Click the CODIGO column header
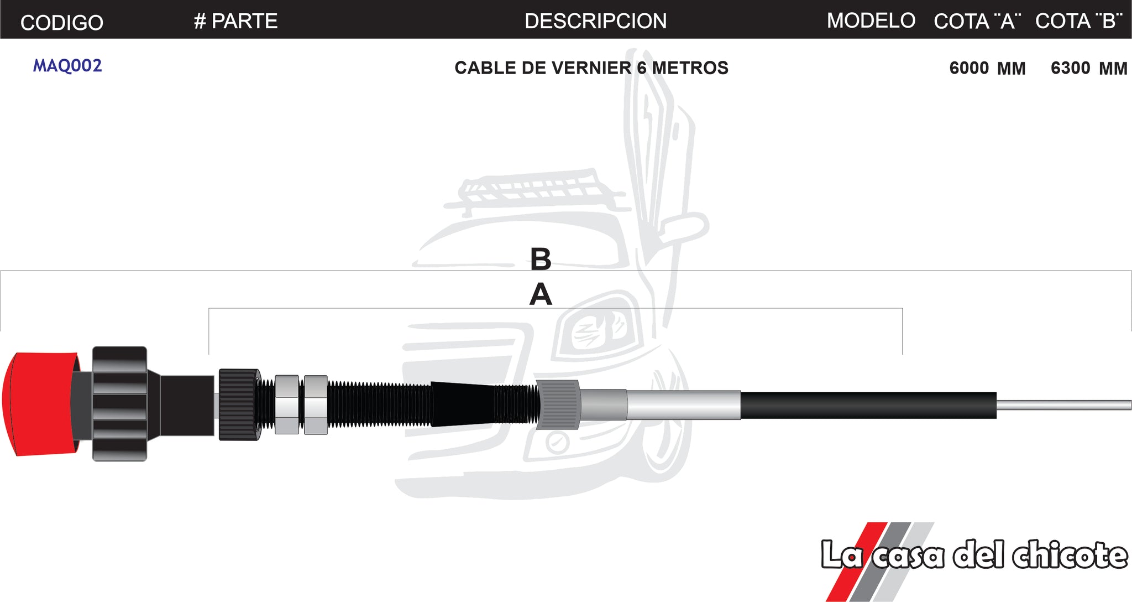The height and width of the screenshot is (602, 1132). point(61,23)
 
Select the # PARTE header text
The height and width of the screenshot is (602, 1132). point(236,21)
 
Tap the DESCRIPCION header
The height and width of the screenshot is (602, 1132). point(595,21)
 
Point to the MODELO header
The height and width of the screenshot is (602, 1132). point(871,20)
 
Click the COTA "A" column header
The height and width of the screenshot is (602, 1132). point(977,21)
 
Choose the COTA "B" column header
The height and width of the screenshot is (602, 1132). point(1078,21)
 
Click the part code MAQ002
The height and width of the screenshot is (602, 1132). point(67,66)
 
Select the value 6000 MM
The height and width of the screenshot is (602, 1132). point(987,68)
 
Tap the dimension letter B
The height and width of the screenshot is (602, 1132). point(541,259)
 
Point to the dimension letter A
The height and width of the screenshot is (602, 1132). point(541,294)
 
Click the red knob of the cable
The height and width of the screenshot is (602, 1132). point(36,404)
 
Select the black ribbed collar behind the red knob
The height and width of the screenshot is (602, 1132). point(119,404)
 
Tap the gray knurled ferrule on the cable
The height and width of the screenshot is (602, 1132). point(558,404)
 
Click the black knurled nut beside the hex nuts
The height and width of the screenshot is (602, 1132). point(239,404)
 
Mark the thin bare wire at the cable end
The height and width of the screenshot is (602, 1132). point(1064,406)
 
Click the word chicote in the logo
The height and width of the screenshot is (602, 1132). point(1069,555)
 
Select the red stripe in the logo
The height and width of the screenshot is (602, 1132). point(854,559)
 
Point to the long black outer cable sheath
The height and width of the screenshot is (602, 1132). point(868,406)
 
